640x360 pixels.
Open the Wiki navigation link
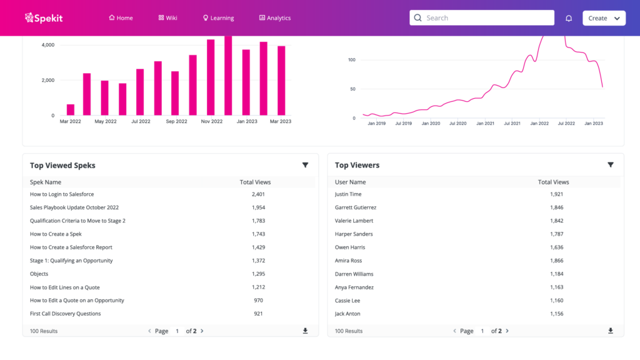click(167, 18)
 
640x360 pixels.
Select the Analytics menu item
click(275, 18)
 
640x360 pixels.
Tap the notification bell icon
click(569, 18)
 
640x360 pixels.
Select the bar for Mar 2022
click(71, 110)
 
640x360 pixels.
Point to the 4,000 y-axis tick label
click(47, 45)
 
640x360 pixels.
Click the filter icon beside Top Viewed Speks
click(305, 165)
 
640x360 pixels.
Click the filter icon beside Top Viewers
click(611, 165)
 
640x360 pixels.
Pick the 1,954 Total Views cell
click(259, 207)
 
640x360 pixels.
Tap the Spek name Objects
click(39, 274)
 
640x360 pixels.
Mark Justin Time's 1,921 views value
click(556, 194)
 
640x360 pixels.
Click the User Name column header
click(350, 182)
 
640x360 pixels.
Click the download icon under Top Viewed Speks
click(305, 331)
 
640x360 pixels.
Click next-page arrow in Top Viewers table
click(507, 331)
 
